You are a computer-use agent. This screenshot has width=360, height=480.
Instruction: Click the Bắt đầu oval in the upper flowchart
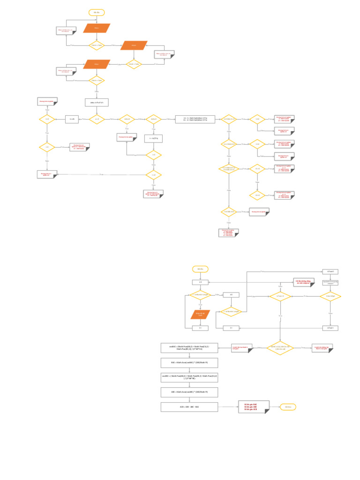97,13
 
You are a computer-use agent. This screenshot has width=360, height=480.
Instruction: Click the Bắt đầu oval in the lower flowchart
200,269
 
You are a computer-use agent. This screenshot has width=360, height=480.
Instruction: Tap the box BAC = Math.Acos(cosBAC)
189,363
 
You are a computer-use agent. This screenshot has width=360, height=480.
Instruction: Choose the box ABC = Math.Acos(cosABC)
189,392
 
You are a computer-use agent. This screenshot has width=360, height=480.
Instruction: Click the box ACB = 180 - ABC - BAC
189,407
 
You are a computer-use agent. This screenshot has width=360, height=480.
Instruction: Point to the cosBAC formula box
189,347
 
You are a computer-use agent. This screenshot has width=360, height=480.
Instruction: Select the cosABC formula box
189,377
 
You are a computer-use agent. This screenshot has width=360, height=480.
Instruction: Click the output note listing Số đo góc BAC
254,407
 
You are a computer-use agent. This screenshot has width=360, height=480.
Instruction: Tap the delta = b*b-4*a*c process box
97,102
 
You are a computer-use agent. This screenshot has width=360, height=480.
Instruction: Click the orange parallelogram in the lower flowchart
200,315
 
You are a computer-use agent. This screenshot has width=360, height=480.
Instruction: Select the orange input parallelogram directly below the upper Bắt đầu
97,28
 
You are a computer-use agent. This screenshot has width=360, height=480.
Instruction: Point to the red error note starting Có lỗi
303,282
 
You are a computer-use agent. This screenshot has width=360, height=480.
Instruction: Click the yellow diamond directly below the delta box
97,119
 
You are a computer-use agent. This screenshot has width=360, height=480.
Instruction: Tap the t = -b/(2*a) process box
154,138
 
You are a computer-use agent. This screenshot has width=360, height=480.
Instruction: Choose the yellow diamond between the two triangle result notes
280,347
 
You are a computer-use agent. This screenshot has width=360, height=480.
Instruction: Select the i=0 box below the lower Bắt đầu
200,282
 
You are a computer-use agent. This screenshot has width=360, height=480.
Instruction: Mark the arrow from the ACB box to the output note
228,407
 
